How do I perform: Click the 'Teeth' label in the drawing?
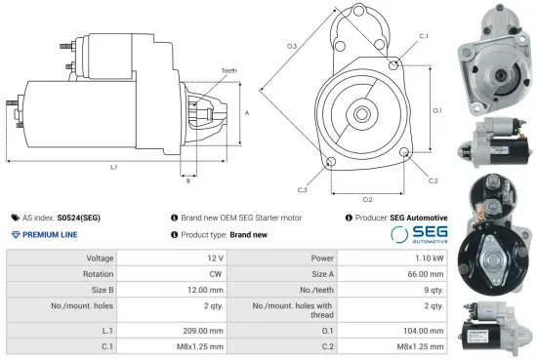point(228,71)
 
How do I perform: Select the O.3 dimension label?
point(291,47)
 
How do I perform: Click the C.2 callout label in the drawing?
point(433,180)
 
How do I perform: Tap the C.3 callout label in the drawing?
point(303,188)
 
